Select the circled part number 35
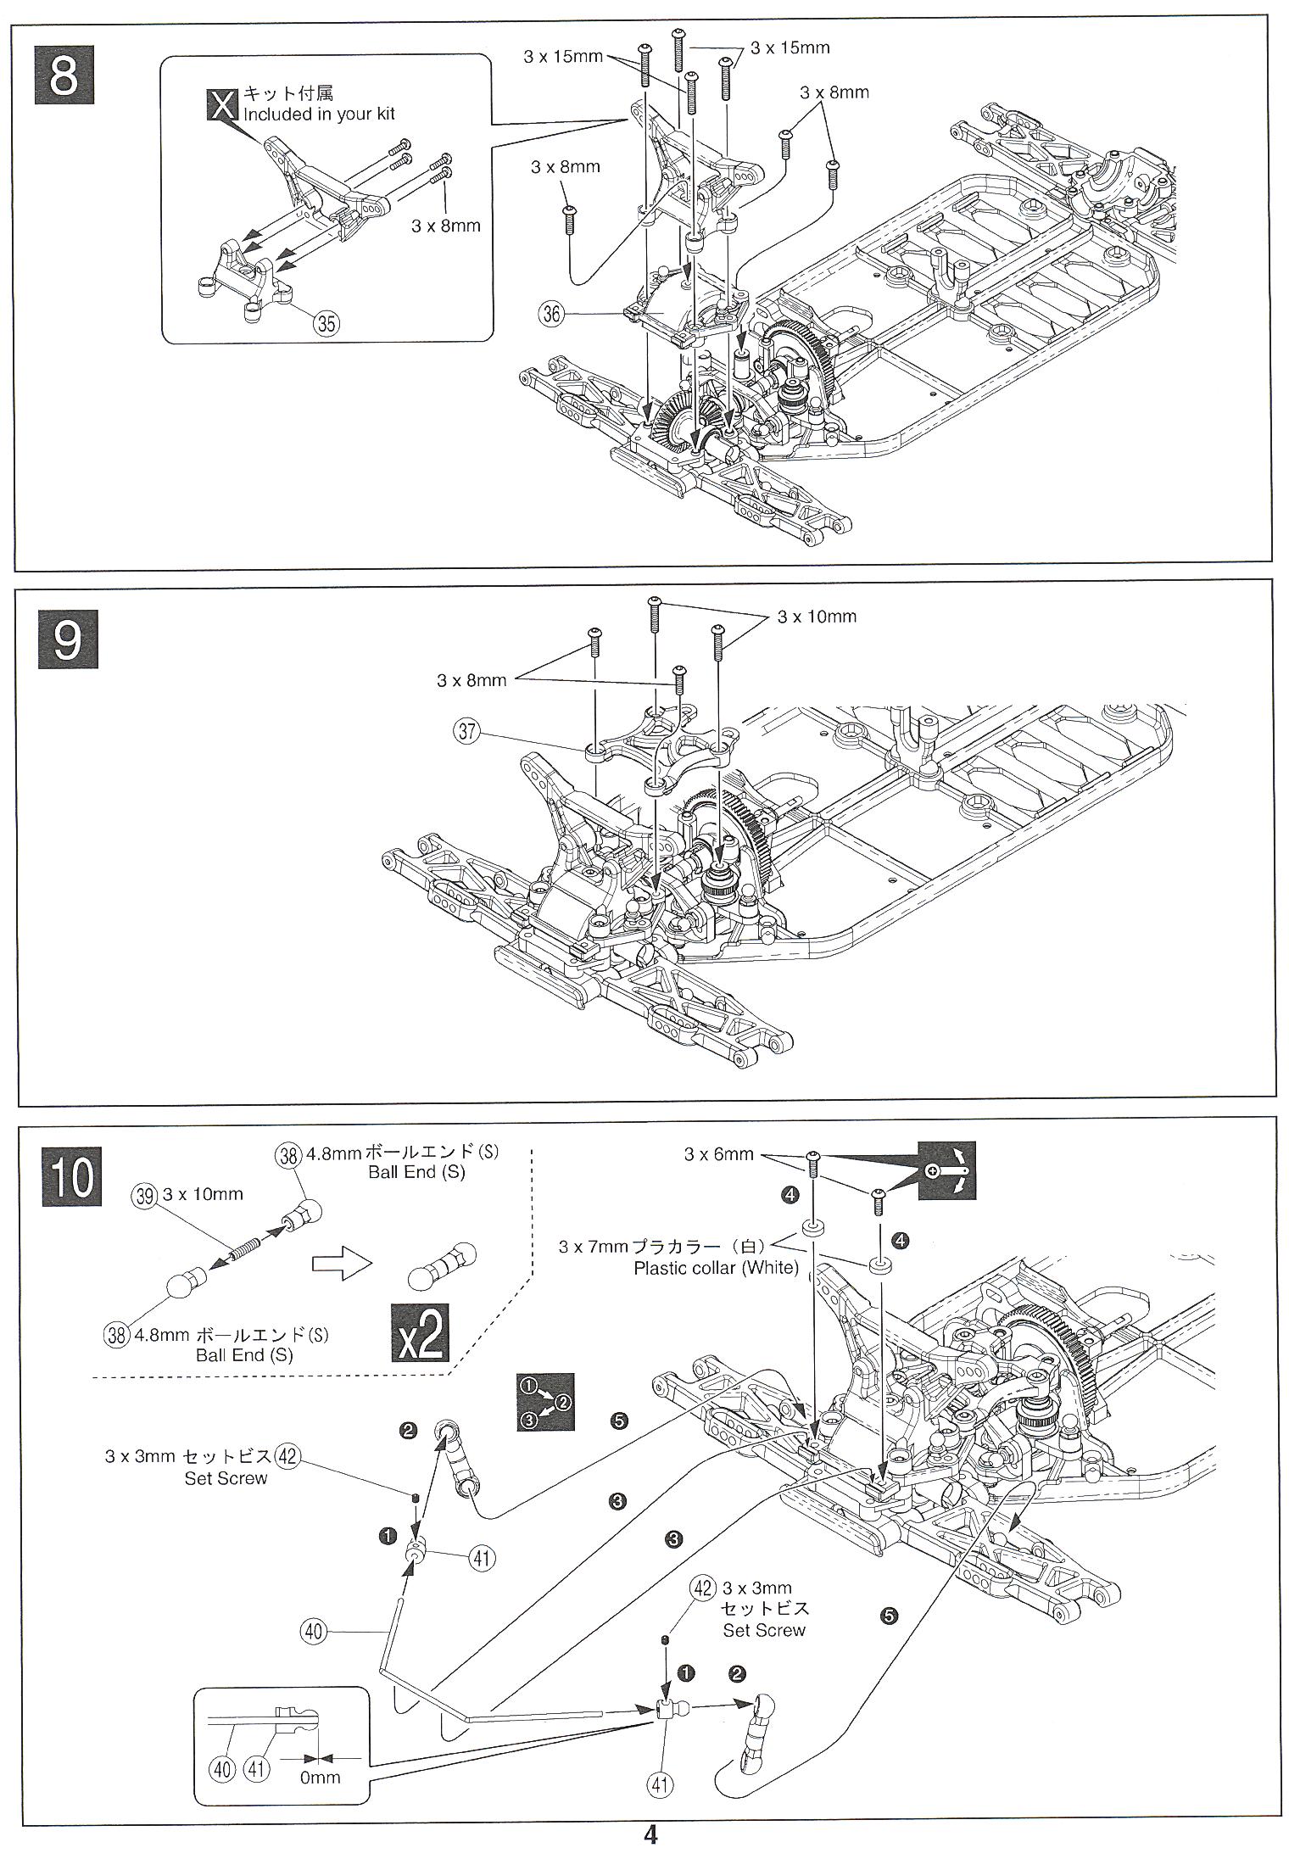click(326, 322)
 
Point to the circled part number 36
click(551, 315)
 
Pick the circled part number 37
click(468, 730)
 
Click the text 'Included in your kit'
click(319, 114)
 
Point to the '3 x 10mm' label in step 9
click(817, 617)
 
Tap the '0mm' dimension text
click(320, 1777)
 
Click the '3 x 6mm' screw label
click(718, 1154)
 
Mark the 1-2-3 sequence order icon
click(545, 1402)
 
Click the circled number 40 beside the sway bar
click(314, 1631)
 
